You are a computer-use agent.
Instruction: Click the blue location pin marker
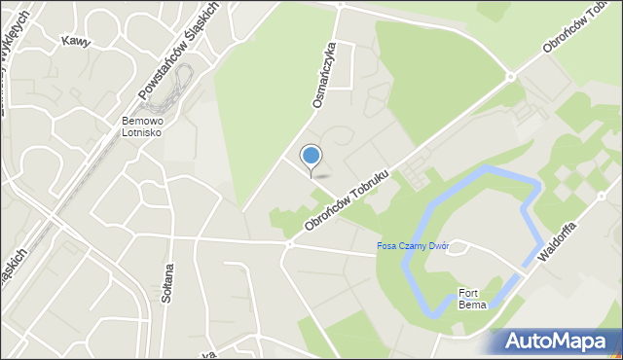coord(311,157)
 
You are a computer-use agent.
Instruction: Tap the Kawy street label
coord(76,42)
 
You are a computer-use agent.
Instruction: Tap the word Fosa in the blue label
coord(388,246)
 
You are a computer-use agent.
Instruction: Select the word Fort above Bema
coord(470,293)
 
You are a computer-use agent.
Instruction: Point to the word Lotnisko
coord(142,133)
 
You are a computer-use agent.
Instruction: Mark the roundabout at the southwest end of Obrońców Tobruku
coord(288,244)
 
